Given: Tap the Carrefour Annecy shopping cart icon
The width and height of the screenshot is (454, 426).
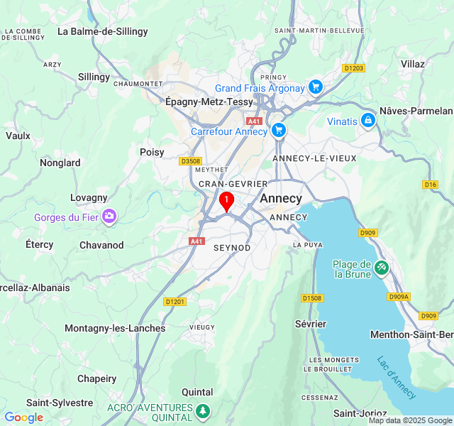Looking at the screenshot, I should tap(278, 131).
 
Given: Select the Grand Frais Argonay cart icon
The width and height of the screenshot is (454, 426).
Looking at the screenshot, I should tap(315, 88).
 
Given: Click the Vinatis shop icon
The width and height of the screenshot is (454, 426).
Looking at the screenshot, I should tap(367, 121).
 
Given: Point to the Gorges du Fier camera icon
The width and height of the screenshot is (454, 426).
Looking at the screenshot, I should tap(109, 217).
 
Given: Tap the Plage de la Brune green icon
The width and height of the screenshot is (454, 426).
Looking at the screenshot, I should tap(382, 268).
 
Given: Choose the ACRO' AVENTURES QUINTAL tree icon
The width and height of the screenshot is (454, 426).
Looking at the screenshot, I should tap(203, 411).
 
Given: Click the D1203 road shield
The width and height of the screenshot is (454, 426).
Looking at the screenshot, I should tap(353, 68).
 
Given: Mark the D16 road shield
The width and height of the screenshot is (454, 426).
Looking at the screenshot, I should tap(430, 185).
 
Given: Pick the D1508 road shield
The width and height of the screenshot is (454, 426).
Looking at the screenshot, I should tap(311, 298).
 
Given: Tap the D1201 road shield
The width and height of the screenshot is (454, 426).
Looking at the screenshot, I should tap(175, 302).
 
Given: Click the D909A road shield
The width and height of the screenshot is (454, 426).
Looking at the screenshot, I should tap(399, 297).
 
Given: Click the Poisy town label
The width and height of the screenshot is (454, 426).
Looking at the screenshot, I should tap(152, 152).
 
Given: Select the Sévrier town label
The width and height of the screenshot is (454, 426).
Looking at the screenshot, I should tap(311, 324).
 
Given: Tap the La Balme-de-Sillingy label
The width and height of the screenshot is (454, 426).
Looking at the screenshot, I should tap(103, 31).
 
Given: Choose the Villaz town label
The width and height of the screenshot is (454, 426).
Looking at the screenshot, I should tap(412, 64).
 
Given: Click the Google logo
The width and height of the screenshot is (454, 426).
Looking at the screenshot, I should tap(23, 417).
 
